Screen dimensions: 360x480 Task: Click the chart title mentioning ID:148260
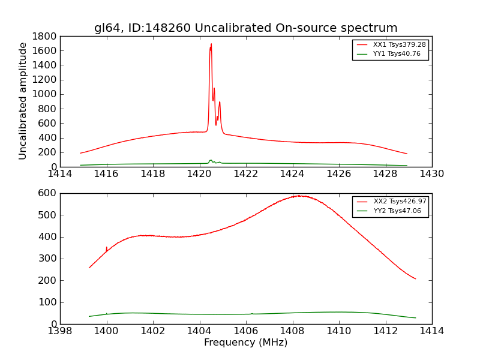(x=245, y=28)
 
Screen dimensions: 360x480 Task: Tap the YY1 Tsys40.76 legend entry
(x=397, y=54)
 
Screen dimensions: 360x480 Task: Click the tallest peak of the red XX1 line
(x=211, y=44)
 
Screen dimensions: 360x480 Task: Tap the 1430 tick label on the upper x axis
(x=431, y=174)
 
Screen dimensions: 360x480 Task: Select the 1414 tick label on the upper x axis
(x=60, y=174)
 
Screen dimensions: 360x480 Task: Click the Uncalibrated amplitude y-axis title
(x=23, y=101)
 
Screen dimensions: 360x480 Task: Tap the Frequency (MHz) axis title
(x=245, y=343)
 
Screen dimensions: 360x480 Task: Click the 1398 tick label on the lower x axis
(x=60, y=331)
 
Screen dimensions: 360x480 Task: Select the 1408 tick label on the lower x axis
(x=292, y=331)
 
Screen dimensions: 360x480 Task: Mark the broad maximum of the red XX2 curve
(x=298, y=196)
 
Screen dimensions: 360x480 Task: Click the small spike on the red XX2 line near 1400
(x=107, y=248)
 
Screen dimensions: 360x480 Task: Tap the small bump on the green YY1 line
(x=211, y=160)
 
